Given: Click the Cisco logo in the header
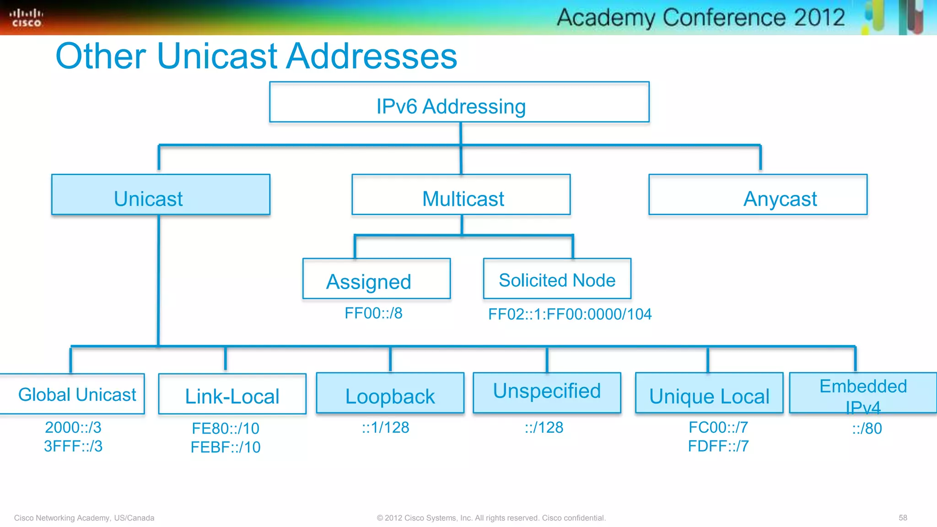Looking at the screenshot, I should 26,18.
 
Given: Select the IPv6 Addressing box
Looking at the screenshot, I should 459,102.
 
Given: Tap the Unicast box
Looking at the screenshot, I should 161,195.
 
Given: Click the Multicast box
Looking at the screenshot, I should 461,195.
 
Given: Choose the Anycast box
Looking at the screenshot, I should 758,195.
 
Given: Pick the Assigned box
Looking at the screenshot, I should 376,279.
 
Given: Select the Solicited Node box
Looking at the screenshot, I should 557,279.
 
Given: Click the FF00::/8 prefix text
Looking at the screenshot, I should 373,313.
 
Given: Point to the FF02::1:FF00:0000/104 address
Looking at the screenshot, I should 570,314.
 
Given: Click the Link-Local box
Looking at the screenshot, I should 232,394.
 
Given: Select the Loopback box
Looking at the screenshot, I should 390,393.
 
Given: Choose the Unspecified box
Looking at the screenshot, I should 547,393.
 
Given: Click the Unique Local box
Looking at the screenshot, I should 709,393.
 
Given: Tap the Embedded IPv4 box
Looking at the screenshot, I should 863,393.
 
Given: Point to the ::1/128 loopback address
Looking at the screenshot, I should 385,428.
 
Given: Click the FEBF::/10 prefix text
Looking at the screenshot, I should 226,447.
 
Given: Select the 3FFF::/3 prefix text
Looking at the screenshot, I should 73,446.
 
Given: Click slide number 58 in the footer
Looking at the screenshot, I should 903,518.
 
